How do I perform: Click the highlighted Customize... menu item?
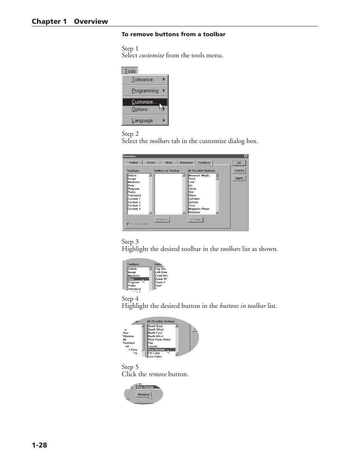point(144,102)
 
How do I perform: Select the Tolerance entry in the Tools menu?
point(142,80)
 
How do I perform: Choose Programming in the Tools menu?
point(145,91)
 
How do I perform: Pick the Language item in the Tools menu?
point(142,121)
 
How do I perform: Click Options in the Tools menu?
point(140,109)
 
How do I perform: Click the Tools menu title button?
point(130,71)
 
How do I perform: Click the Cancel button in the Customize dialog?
point(239,171)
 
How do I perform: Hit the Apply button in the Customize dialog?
point(239,178)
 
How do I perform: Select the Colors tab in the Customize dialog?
point(134,163)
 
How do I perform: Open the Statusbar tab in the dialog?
point(186,163)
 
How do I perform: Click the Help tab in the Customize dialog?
point(169,163)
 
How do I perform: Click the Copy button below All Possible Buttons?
point(196,220)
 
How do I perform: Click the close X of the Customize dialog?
point(246,156)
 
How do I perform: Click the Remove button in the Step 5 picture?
point(143,394)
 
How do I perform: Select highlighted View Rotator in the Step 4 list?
point(157,350)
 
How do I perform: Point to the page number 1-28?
point(39,445)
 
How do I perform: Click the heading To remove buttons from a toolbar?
point(173,34)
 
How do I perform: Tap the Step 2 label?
point(130,134)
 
